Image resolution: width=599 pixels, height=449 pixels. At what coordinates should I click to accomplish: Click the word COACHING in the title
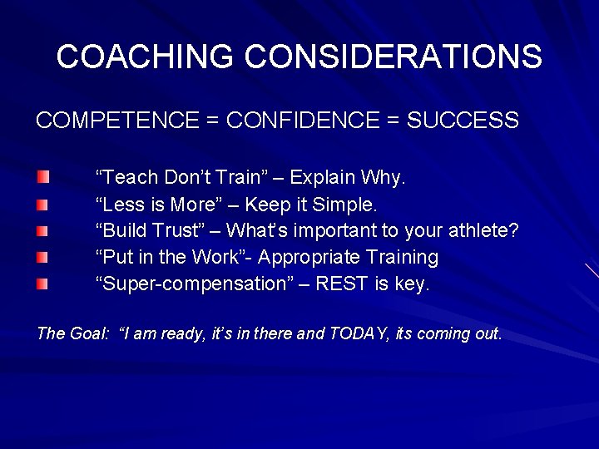(145, 57)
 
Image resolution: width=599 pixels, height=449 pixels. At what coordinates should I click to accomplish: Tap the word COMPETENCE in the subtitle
(116, 121)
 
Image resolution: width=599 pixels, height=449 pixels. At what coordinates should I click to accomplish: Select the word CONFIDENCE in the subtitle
(303, 121)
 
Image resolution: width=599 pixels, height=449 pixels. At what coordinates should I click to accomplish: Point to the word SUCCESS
(463, 121)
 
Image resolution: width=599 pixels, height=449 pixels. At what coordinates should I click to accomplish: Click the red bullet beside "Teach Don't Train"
(42, 177)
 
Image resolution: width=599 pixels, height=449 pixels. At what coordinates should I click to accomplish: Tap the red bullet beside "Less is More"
(42, 204)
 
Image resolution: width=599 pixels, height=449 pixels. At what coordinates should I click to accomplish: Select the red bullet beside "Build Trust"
(42, 230)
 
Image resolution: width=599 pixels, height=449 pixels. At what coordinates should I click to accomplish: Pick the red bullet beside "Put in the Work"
(42, 257)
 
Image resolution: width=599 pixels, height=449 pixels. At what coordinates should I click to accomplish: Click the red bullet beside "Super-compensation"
(42, 284)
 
